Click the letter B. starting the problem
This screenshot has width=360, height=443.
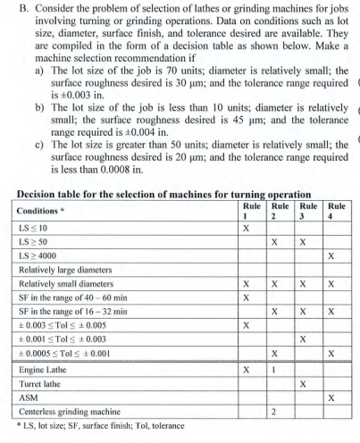click(x=10, y=11)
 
